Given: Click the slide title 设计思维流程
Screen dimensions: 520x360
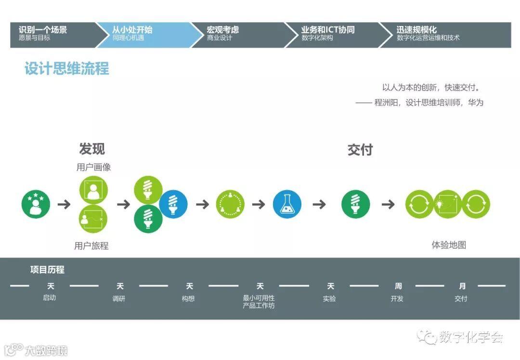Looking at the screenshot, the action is point(67,69).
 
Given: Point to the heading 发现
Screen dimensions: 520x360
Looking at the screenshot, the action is point(92,149).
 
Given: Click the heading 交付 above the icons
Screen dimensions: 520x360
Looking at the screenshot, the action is point(360,150).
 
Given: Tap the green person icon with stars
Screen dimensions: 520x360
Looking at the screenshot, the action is point(36,204).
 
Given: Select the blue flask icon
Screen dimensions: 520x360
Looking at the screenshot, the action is point(287,204).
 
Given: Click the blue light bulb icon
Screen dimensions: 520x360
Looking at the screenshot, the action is point(173,204).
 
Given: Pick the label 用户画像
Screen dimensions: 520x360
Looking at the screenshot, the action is point(93,167).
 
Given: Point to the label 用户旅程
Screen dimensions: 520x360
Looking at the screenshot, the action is point(91,245).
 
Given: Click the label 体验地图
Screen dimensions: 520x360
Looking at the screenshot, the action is point(449,244).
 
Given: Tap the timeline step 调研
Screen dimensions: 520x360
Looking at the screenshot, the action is point(119,298).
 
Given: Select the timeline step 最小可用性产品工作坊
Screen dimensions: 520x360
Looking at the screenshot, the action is point(259,302).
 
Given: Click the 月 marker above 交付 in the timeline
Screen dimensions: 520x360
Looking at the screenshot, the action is point(462,286).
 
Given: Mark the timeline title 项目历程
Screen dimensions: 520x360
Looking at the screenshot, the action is point(47,270).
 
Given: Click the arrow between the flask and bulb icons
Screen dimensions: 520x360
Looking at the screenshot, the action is point(319,205).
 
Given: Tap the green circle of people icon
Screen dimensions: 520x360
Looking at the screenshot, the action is point(230,204).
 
